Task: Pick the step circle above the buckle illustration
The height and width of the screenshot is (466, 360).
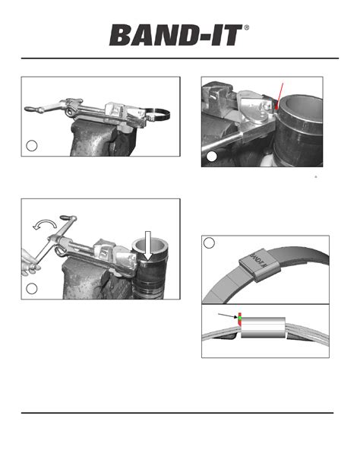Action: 212,244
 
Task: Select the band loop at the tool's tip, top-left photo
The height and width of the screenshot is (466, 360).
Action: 158,117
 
